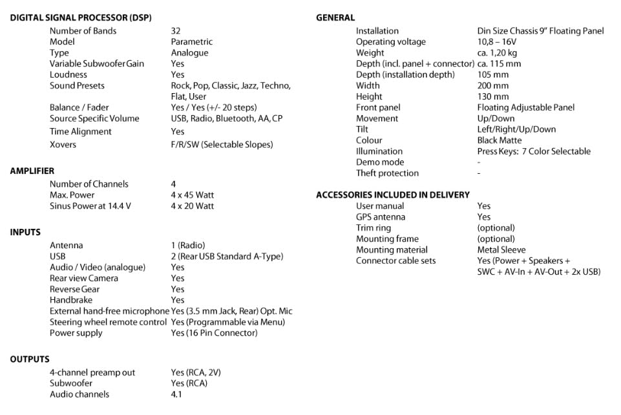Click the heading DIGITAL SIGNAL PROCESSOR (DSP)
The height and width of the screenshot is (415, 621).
81,18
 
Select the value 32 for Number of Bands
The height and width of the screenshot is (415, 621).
176,31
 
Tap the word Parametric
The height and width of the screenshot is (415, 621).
191,42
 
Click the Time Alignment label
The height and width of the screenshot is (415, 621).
80,132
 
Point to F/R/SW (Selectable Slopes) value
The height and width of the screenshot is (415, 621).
222,145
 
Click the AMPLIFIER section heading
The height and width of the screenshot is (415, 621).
32,171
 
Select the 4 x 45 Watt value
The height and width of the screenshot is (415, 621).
192,195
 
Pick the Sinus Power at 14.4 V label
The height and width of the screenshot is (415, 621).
90,206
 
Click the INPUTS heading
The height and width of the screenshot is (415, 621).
25,233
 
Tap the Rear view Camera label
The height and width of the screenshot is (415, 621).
84,279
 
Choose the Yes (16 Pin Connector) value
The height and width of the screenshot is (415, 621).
214,334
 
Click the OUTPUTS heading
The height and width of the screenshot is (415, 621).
30,359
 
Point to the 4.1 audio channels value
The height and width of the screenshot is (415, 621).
176,394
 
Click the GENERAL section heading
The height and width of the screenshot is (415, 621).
335,18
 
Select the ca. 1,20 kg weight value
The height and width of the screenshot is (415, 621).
497,53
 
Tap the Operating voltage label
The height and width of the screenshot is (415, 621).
391,42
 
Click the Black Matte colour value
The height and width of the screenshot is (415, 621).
500,140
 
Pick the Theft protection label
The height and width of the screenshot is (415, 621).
387,173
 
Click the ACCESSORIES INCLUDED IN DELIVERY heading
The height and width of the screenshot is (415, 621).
393,195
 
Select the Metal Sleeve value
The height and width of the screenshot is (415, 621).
501,250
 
